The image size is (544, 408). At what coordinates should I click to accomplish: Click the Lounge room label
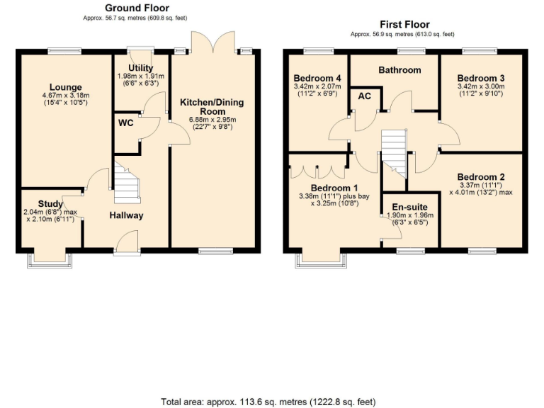pyautogui.click(x=65, y=88)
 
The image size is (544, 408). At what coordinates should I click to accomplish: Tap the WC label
pyautogui.click(x=125, y=123)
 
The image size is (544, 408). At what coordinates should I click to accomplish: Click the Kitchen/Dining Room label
pyautogui.click(x=212, y=107)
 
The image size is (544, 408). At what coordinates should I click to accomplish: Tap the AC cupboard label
pyautogui.click(x=365, y=96)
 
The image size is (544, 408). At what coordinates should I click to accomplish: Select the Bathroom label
pyautogui.click(x=399, y=70)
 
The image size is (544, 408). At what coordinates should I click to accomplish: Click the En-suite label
pyautogui.click(x=411, y=208)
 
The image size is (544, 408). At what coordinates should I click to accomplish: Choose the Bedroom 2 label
pyautogui.click(x=481, y=177)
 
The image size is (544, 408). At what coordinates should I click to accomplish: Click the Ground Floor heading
pyautogui.click(x=137, y=8)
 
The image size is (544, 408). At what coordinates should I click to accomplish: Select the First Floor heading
pyautogui.click(x=404, y=24)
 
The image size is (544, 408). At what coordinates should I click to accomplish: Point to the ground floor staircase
pyautogui.click(x=124, y=183)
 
